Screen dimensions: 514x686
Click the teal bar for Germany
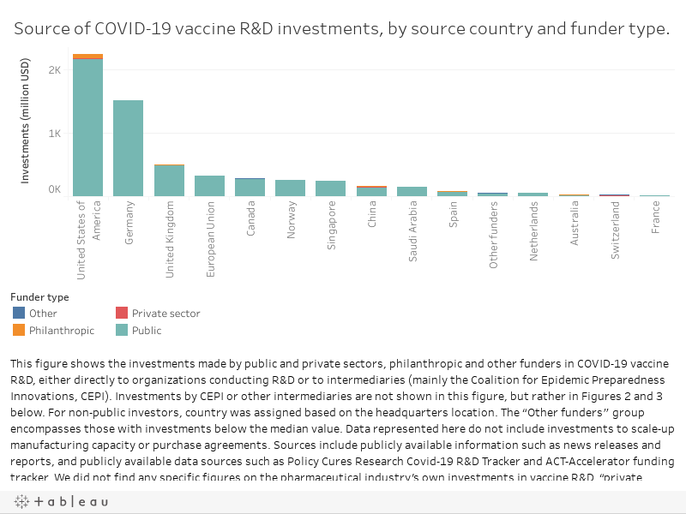click(x=128, y=147)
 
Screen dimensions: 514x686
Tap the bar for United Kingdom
click(x=169, y=181)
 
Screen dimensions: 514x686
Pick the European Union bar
click(x=209, y=186)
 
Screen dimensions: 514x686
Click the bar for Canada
click(x=250, y=188)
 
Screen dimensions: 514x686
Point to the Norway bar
click(x=290, y=188)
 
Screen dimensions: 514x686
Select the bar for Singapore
click(x=330, y=188)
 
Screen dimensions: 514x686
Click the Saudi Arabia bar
click(x=412, y=191)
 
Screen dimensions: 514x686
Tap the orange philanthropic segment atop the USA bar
click(x=87, y=56)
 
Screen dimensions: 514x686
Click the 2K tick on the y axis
click(x=54, y=70)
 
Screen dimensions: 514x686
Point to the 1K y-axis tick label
click(x=54, y=134)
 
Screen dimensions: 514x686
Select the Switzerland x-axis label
click(x=615, y=219)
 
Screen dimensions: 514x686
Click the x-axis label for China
click(x=371, y=213)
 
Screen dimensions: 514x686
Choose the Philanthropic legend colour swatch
click(x=19, y=330)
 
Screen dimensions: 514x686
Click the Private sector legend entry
click(x=165, y=314)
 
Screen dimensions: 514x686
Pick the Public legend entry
click(x=146, y=330)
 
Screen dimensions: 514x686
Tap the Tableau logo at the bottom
click(x=61, y=501)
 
